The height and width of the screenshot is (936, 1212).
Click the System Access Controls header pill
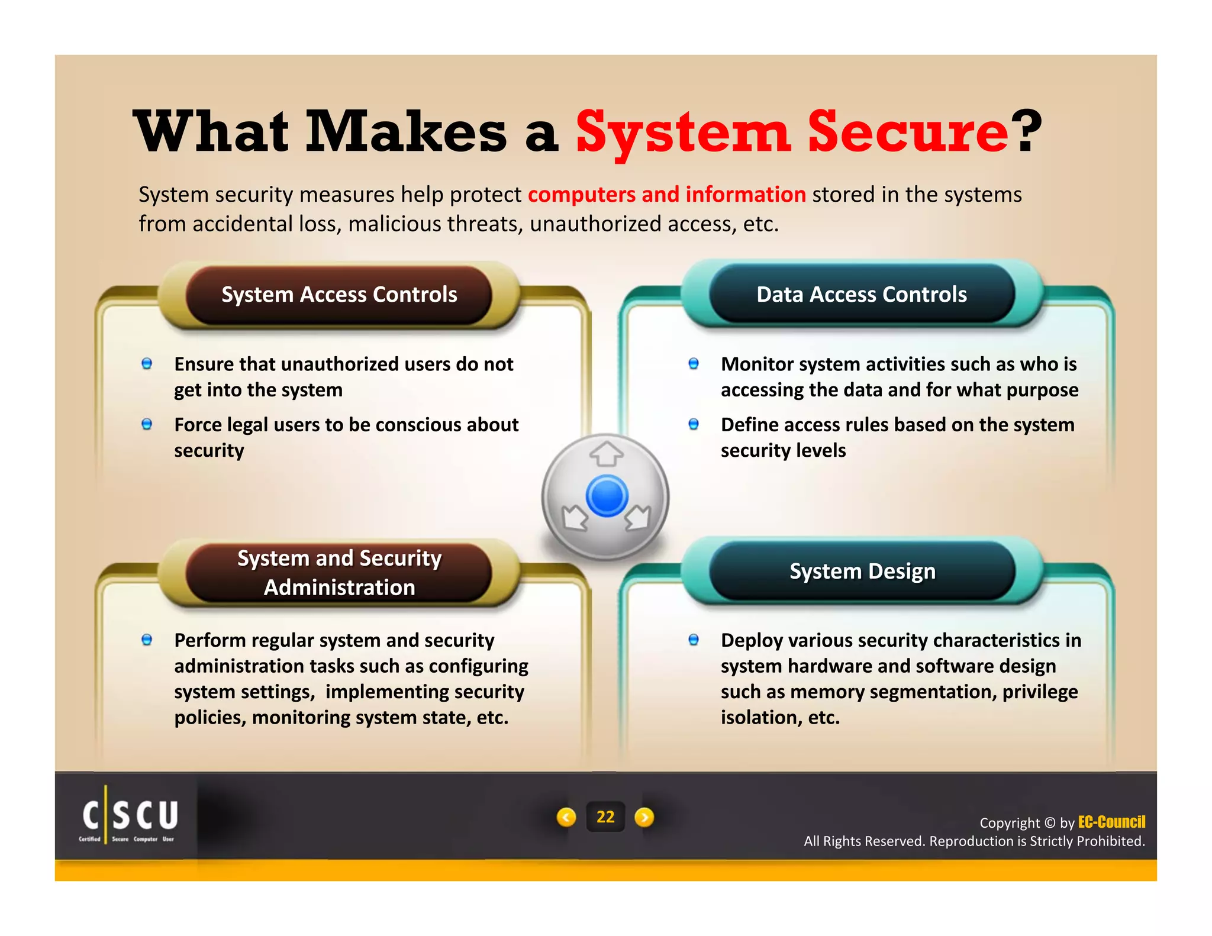click(x=339, y=295)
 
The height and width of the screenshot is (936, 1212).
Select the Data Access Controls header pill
click(x=862, y=295)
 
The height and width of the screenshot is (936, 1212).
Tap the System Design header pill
click(x=862, y=571)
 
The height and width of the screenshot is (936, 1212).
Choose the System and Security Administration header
click(x=339, y=572)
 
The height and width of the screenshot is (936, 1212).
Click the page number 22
click(x=605, y=817)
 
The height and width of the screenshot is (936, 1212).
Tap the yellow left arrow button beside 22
click(x=566, y=817)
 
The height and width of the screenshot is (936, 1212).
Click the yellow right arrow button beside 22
click(x=644, y=817)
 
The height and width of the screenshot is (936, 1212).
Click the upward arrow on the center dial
click(x=606, y=454)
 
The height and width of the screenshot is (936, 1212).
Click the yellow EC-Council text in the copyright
click(x=1111, y=822)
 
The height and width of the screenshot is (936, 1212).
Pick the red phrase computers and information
click(x=666, y=195)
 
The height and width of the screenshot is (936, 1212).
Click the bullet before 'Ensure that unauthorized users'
click(x=147, y=363)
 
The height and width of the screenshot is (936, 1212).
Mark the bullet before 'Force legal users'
click(x=147, y=424)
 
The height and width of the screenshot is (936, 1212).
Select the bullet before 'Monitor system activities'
click(x=694, y=363)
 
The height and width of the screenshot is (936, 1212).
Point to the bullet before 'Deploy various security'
click(x=694, y=640)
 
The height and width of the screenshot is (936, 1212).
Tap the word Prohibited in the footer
click(x=1116, y=841)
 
